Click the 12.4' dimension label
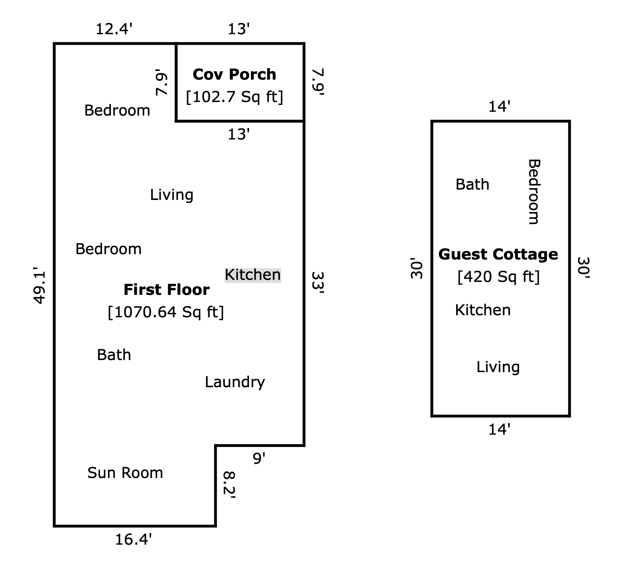tap(114, 30)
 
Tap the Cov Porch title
tap(234, 75)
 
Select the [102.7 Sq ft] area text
tap(234, 97)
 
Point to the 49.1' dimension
tap(40, 286)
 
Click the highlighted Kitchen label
tap(252, 275)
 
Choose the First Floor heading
tap(167, 290)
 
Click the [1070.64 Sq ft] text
tap(166, 312)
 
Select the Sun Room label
tap(125, 473)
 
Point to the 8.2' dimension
tap(229, 485)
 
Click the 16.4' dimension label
tap(133, 540)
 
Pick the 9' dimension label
tap(259, 458)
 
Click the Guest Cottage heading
tap(498, 254)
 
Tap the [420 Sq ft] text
tap(498, 277)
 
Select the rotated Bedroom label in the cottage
tap(534, 192)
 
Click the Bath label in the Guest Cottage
tap(472, 185)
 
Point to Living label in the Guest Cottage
tap(498, 367)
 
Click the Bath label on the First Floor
tap(114, 355)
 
